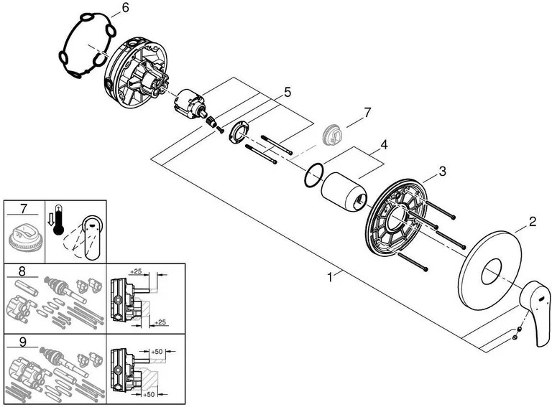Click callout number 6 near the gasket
click(x=125, y=7)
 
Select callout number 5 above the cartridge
click(x=287, y=93)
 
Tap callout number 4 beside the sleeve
click(x=384, y=144)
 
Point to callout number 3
click(x=442, y=171)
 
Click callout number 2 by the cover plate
click(x=533, y=221)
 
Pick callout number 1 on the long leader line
click(x=330, y=278)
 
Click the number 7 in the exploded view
click(x=367, y=113)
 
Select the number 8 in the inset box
click(x=22, y=271)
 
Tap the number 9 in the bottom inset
click(x=23, y=342)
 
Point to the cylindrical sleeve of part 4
click(x=344, y=192)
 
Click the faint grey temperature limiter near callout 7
click(x=333, y=134)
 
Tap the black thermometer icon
click(x=58, y=220)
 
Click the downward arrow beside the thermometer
click(x=50, y=220)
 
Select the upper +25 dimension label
click(x=136, y=271)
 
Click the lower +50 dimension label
click(x=149, y=395)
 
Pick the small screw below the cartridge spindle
click(x=219, y=129)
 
